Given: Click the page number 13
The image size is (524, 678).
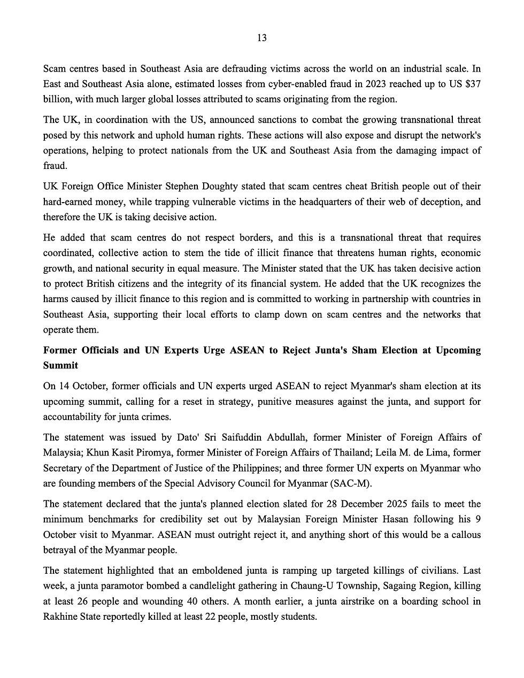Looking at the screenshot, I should (x=262, y=38).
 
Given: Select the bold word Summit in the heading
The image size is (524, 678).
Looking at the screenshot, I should (x=60, y=366).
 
